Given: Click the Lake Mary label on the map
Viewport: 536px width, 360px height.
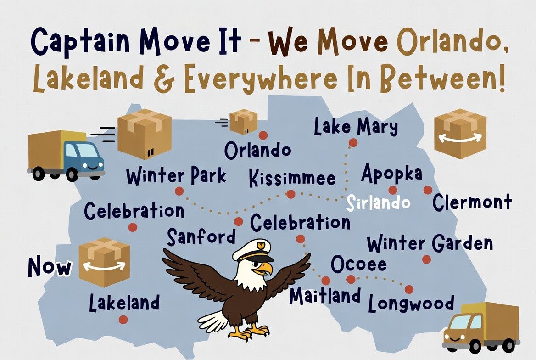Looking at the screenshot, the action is [x=356, y=127].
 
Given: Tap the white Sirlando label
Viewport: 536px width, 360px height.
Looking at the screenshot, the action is [x=378, y=202].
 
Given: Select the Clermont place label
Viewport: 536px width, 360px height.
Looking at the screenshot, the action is [x=472, y=202].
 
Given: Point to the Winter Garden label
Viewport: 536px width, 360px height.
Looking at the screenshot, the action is [x=430, y=244].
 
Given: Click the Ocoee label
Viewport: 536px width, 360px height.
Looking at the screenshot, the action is [x=358, y=264].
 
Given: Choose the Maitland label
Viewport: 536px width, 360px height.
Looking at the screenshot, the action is [x=325, y=296].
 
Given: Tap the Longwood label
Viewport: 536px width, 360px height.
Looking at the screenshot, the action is [x=411, y=304].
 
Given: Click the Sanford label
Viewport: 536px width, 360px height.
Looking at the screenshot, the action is [x=201, y=237].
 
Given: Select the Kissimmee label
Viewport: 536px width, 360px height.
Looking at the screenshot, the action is [x=292, y=178].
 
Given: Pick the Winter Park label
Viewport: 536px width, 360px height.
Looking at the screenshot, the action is [x=176, y=175].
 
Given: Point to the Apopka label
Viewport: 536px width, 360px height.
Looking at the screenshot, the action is [x=392, y=174].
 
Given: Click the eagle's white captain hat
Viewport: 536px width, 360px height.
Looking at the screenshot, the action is [x=252, y=250].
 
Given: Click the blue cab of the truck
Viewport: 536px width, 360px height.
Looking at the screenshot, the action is [x=83, y=158].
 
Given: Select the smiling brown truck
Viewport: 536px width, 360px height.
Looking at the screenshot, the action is [x=481, y=327].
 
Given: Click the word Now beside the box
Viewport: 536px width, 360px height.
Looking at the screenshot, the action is [x=50, y=267].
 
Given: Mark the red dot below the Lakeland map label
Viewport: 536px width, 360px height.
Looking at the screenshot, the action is [x=123, y=320].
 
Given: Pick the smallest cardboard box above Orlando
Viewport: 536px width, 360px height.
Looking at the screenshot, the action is [x=243, y=122].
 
